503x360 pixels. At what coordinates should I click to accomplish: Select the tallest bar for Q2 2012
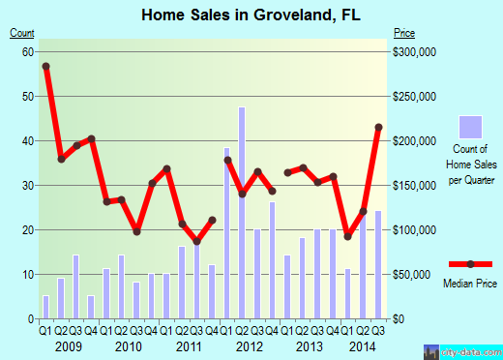[x=242, y=213]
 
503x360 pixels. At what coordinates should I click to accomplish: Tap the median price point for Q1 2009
[x=45, y=66]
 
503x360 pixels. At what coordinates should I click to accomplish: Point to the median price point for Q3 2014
[x=378, y=128]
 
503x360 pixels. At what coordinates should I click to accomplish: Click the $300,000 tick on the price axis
[x=418, y=52]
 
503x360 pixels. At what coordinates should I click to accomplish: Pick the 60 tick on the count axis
[x=28, y=52]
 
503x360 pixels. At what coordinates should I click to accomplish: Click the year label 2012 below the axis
[x=249, y=346]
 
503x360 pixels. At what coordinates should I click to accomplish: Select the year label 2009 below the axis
[x=68, y=346]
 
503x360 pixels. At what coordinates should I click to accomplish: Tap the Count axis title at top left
[x=22, y=33]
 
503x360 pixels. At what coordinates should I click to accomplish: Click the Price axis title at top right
[x=405, y=33]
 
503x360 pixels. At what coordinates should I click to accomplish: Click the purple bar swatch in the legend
[x=470, y=127]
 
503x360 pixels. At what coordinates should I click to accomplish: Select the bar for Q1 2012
[x=227, y=233]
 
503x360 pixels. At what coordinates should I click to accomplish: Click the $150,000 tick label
[x=418, y=186]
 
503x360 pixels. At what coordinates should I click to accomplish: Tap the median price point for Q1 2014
[x=348, y=236]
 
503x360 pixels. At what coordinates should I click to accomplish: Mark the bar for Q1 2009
[x=45, y=307]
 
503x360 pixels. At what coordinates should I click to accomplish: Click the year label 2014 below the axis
[x=363, y=346]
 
